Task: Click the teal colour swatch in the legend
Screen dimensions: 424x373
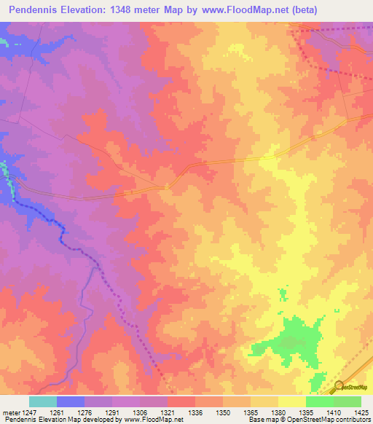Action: [43, 402]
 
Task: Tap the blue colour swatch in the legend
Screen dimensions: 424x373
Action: [71, 402]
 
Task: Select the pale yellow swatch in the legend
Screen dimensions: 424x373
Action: [291, 402]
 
